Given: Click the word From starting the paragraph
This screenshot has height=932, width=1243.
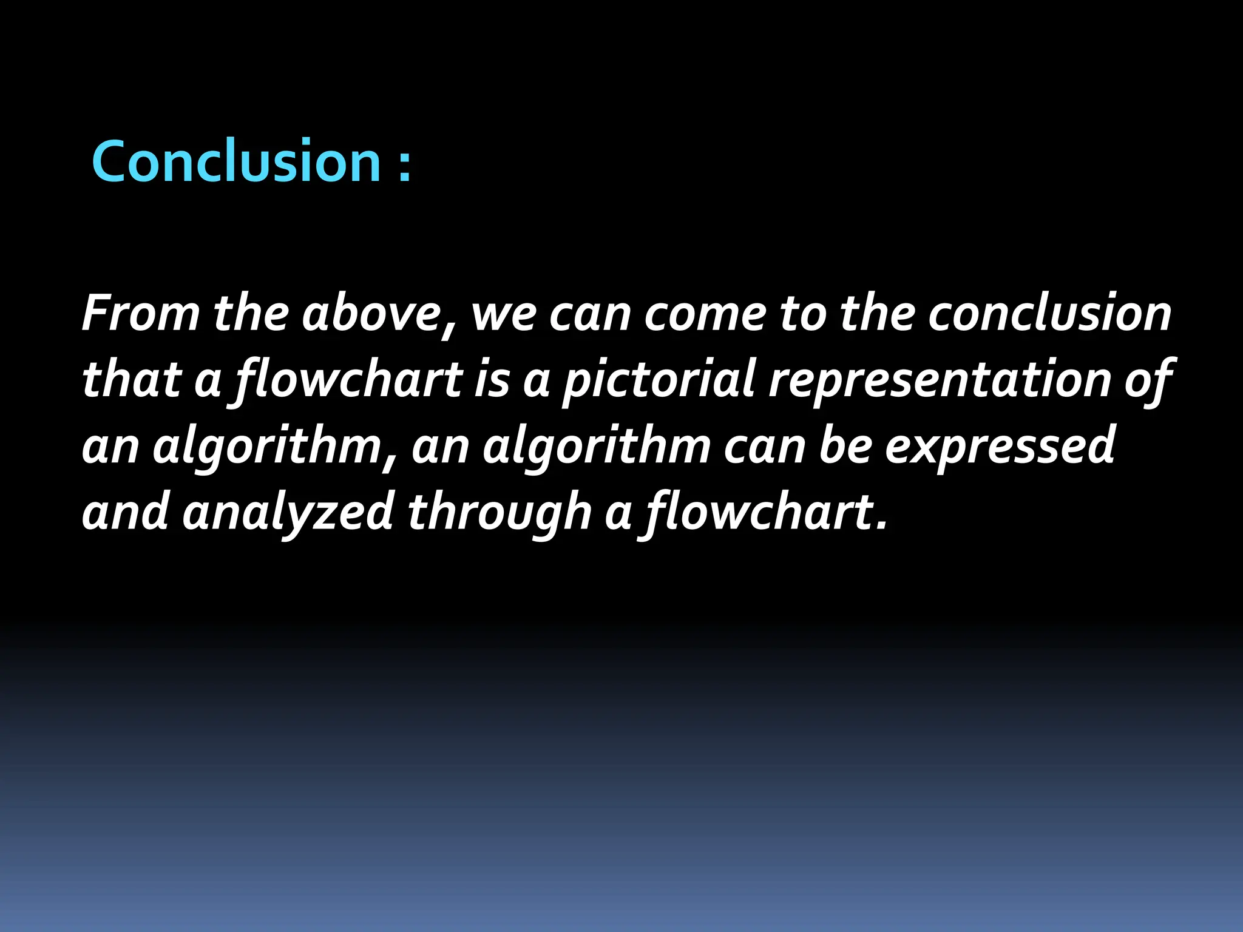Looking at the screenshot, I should (x=141, y=314).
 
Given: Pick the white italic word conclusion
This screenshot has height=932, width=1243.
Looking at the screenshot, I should (x=1049, y=314).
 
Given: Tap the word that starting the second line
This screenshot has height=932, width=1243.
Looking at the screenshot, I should (x=131, y=379).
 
